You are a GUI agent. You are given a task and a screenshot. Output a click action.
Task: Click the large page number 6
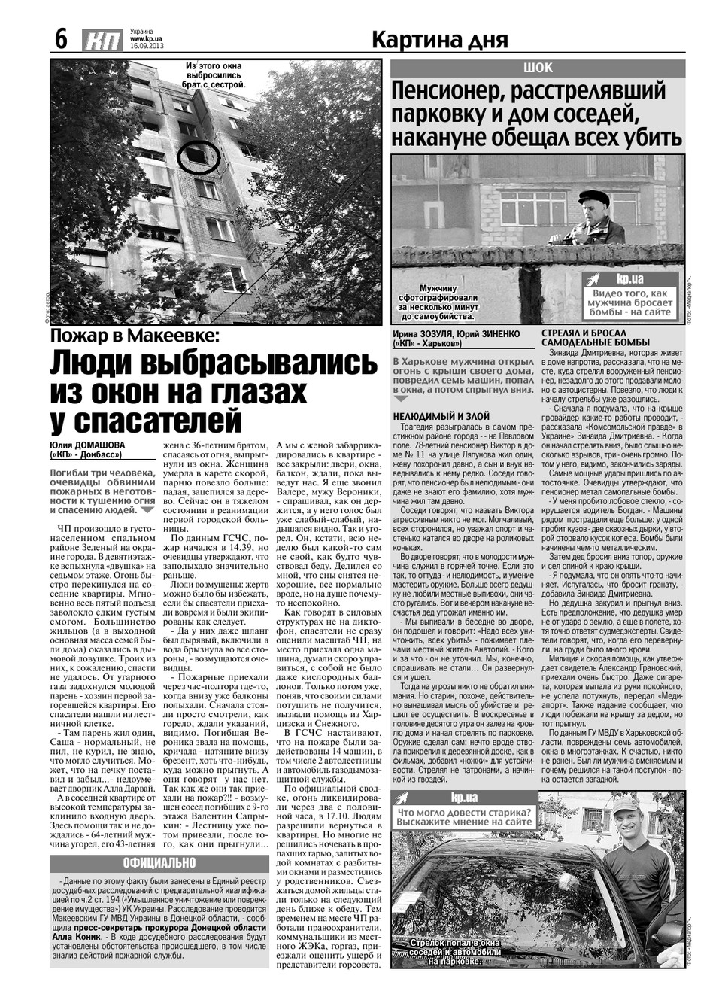(x=61, y=39)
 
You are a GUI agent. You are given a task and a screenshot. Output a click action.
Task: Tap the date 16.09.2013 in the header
(x=147, y=46)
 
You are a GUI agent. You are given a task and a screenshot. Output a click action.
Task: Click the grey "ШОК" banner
(x=537, y=68)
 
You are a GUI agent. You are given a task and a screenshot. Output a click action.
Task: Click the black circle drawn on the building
(x=199, y=156)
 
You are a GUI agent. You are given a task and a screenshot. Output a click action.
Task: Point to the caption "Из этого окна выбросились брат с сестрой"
(x=216, y=76)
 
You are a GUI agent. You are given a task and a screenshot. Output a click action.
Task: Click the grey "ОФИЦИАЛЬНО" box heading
(x=159, y=862)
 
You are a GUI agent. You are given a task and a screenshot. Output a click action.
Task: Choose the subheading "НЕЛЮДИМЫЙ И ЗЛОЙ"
(x=441, y=416)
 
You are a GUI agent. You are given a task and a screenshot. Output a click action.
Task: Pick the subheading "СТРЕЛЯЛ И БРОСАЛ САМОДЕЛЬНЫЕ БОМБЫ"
(x=595, y=338)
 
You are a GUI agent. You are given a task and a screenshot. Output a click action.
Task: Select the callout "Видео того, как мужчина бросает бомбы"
(x=630, y=302)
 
